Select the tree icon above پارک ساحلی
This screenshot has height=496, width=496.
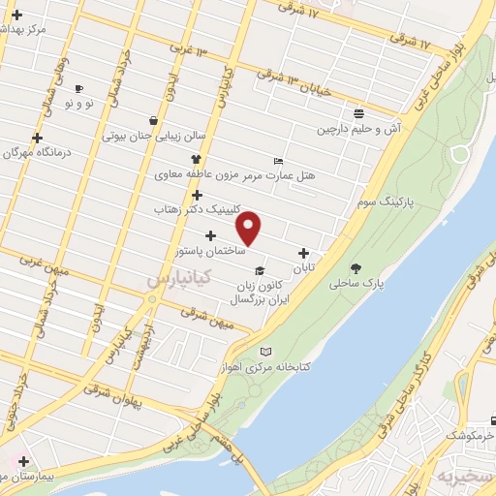coord(356,268)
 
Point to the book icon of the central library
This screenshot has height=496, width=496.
coord(266,351)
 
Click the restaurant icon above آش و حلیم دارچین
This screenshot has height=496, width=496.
coord(358,113)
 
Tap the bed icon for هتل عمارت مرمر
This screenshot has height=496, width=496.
coord(279,161)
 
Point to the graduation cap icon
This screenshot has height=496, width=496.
coord(259,271)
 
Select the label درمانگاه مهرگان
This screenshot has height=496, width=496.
coord(37,152)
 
